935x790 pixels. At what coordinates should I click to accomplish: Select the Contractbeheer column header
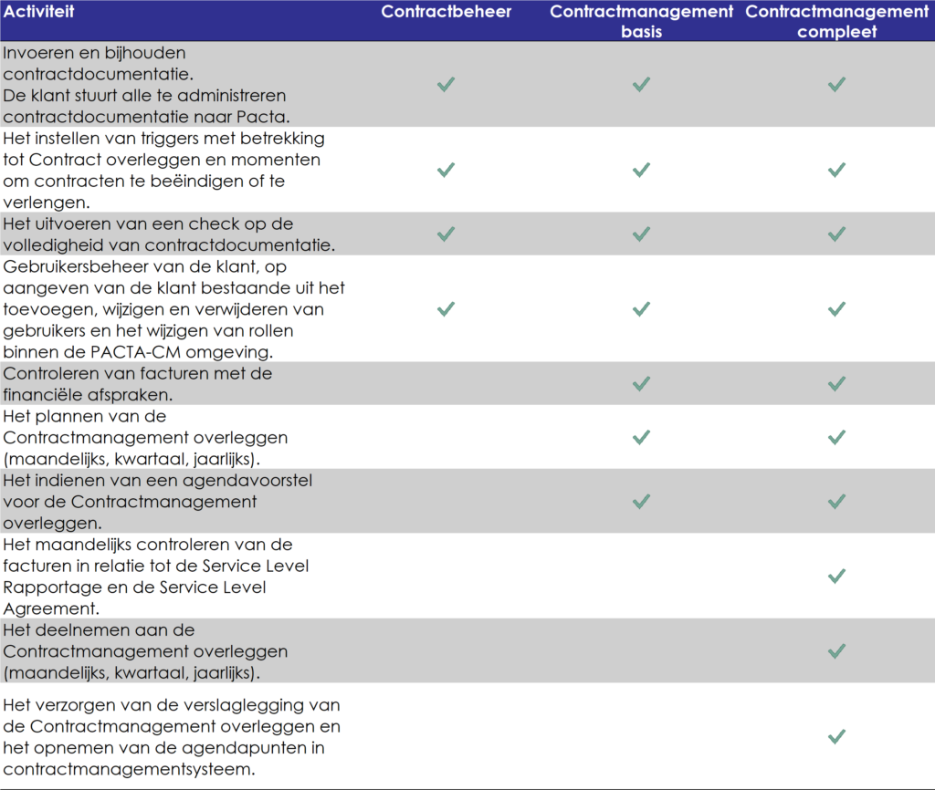pyautogui.click(x=446, y=12)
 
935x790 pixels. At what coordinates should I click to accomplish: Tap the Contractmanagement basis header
pyautogui.click(x=641, y=21)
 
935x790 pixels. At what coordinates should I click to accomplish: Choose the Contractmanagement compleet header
pyautogui.click(x=836, y=21)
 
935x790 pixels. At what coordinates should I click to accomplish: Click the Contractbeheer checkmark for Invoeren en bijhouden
pyautogui.click(x=446, y=84)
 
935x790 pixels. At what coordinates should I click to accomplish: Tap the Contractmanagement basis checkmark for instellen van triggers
pyautogui.click(x=641, y=170)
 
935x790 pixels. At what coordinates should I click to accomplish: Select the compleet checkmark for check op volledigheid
pyautogui.click(x=836, y=234)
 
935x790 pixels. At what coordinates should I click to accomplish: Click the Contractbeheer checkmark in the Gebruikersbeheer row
pyautogui.click(x=446, y=309)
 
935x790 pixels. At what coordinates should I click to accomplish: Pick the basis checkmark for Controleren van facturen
pyautogui.click(x=641, y=384)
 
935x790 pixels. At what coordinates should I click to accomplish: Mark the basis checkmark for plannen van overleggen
pyautogui.click(x=641, y=438)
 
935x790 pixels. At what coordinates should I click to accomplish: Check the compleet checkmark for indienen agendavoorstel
pyautogui.click(x=836, y=502)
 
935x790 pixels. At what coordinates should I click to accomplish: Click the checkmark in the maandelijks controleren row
pyautogui.click(x=836, y=577)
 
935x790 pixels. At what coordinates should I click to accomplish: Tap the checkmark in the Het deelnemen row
pyautogui.click(x=836, y=651)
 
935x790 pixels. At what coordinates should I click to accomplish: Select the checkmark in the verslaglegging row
pyautogui.click(x=836, y=736)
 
